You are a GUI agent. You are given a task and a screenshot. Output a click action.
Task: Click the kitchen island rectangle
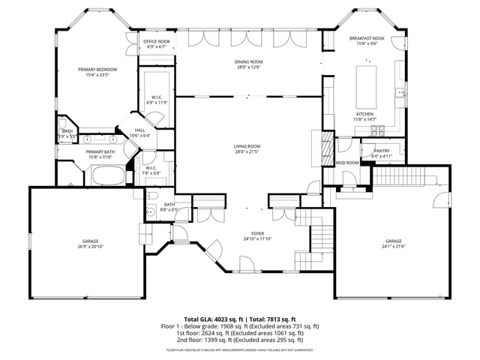(366, 79)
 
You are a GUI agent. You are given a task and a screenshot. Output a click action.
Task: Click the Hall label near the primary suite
(140, 130)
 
